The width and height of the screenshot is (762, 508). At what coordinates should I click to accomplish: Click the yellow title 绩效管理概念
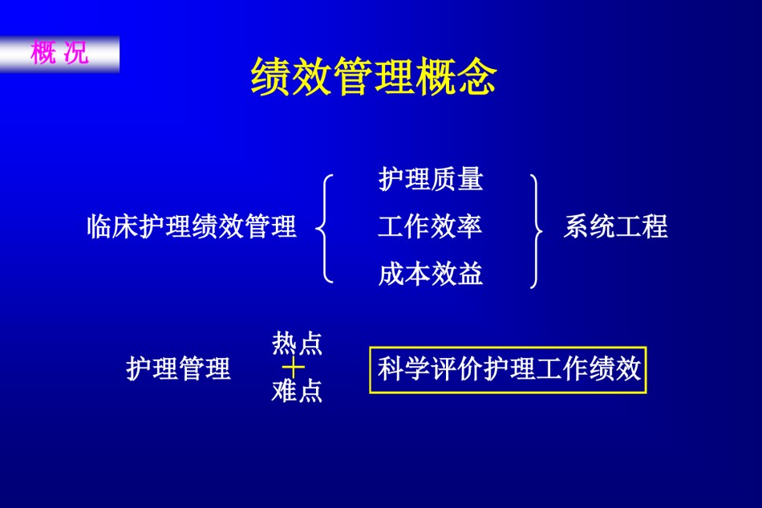click(x=373, y=76)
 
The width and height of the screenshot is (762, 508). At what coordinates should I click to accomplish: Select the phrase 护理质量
click(x=431, y=179)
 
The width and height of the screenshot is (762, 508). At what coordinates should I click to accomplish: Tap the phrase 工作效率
click(x=430, y=226)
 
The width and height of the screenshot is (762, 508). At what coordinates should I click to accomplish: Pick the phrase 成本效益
click(x=431, y=274)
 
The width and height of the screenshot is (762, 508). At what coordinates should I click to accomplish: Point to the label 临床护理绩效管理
click(x=192, y=226)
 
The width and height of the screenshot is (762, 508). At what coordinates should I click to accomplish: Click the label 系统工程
click(x=616, y=226)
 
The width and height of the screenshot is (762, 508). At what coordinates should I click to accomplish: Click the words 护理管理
click(x=178, y=368)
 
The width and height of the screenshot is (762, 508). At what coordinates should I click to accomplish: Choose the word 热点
click(x=297, y=343)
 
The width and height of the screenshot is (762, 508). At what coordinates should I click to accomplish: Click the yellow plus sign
click(x=294, y=367)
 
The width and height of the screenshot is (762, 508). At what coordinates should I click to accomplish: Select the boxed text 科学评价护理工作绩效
click(x=509, y=369)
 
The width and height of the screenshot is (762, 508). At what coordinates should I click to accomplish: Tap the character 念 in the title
click(x=476, y=76)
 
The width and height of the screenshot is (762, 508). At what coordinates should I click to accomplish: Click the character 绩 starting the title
click(x=270, y=76)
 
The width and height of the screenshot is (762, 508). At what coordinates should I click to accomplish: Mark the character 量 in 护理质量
click(x=470, y=179)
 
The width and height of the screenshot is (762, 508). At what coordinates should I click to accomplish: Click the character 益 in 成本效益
click(x=470, y=274)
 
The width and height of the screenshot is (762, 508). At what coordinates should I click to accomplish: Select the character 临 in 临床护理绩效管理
click(x=99, y=226)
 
